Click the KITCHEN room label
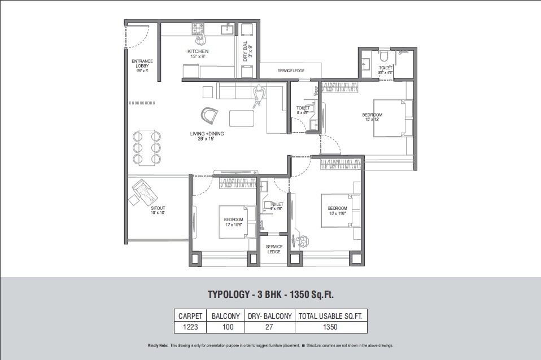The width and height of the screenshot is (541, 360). click(x=198, y=54)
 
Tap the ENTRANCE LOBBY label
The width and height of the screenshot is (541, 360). click(x=142, y=65)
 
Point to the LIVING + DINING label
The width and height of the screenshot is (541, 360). click(x=207, y=136)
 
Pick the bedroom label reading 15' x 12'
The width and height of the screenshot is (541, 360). click(x=372, y=117)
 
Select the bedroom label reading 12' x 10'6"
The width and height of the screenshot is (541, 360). click(x=233, y=222)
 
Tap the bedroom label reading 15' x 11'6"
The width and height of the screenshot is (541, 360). click(x=337, y=211)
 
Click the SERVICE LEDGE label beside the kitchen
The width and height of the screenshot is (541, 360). click(x=291, y=71)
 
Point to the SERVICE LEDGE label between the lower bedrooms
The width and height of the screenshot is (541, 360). click(x=274, y=249)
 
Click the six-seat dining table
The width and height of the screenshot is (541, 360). click(x=147, y=148)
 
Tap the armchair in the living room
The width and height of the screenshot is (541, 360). click(x=209, y=115)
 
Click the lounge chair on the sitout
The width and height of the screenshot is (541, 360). click(x=145, y=194)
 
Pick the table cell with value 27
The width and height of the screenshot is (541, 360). click(x=269, y=327)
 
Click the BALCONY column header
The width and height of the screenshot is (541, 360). click(x=225, y=316)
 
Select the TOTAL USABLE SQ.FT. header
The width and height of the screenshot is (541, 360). click(x=330, y=316)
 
